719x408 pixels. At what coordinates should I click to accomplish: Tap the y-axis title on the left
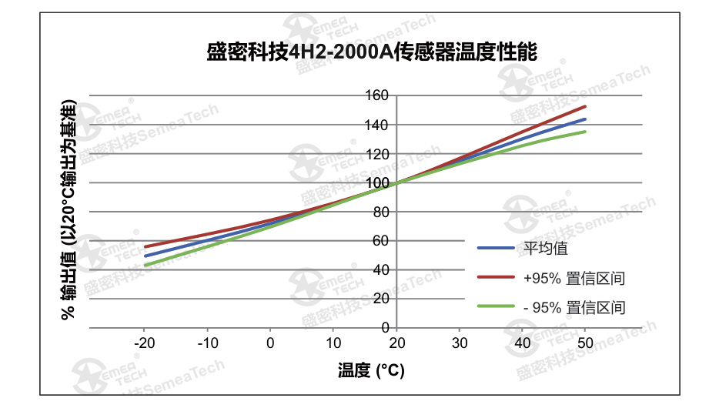[x=69, y=209]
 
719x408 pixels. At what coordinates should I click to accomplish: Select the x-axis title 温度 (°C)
[x=371, y=370]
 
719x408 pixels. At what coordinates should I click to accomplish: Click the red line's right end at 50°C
[x=586, y=106]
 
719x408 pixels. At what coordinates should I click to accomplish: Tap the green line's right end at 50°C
[x=586, y=132]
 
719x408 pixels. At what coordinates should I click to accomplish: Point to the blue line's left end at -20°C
[x=145, y=256]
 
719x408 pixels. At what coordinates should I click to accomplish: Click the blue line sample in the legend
[x=496, y=248]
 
